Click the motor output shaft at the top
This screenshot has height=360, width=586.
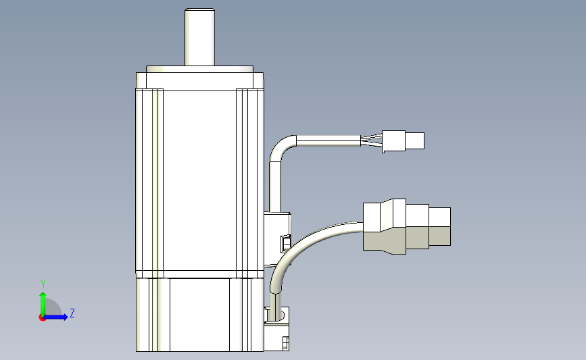pos(199,36)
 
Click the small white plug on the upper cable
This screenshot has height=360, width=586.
pos(393,141)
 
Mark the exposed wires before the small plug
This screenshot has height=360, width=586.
pos(370,140)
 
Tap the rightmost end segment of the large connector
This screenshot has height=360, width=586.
pos(440,226)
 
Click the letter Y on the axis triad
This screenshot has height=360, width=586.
pos(43,284)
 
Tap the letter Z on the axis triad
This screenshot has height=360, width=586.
pos(72,313)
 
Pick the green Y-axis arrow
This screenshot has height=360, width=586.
pos(43,303)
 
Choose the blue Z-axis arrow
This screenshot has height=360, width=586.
pos(57,317)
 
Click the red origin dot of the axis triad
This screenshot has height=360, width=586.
pos(42,317)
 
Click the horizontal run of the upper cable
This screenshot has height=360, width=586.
pos(328,140)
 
